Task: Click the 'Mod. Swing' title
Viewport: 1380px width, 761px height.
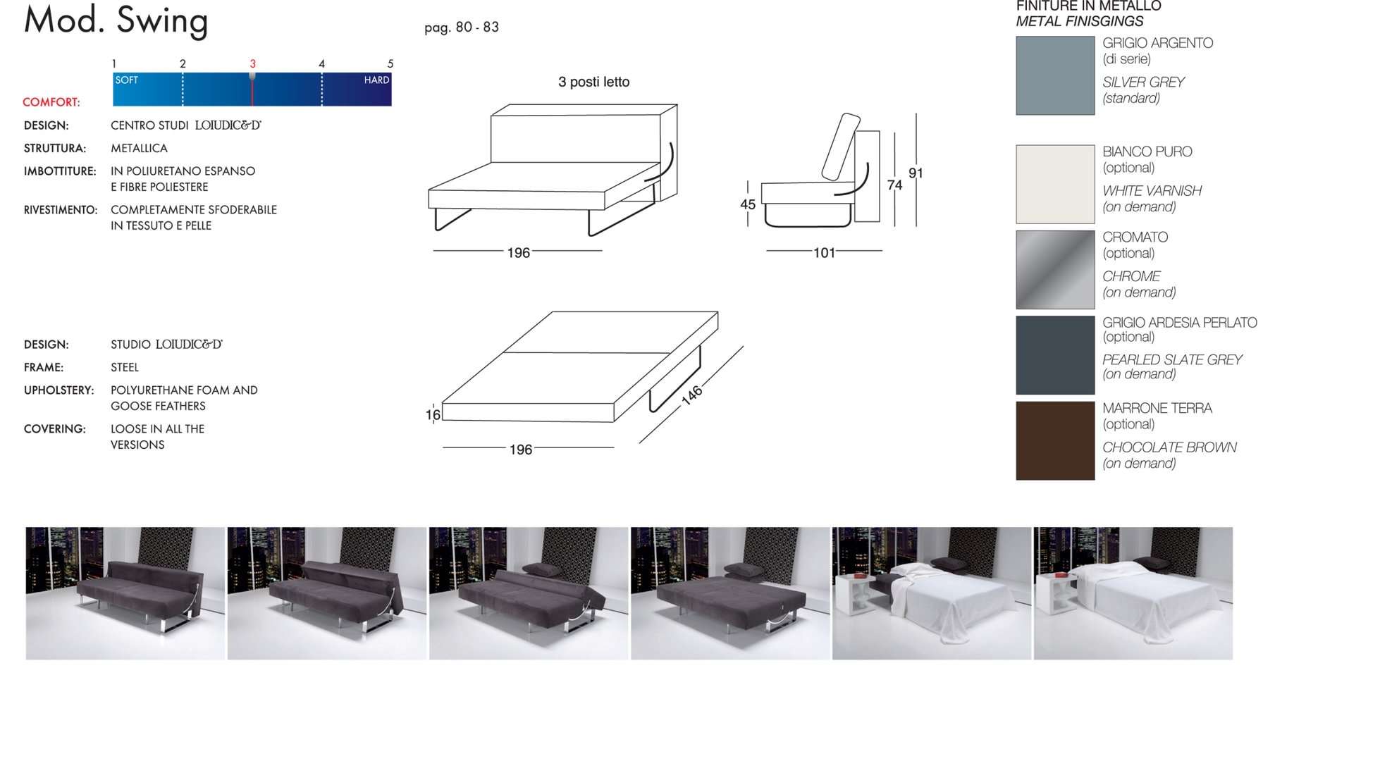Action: point(116,20)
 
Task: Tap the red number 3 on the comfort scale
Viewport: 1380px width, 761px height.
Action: point(252,63)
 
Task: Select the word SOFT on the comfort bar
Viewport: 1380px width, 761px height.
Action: point(127,80)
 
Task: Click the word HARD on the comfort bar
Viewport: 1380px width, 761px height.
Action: point(376,80)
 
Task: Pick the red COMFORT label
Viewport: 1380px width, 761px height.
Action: point(51,102)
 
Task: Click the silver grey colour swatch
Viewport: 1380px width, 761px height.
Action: point(1055,75)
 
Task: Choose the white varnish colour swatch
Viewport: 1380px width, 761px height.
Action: point(1055,184)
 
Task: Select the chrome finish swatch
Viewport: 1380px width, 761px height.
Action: point(1055,270)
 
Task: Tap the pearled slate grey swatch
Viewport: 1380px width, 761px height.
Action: point(1055,355)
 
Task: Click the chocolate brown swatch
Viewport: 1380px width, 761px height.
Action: point(1055,440)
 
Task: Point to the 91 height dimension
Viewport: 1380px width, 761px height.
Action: point(916,173)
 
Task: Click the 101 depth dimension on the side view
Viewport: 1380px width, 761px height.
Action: point(824,252)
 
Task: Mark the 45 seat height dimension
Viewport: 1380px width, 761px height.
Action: point(748,204)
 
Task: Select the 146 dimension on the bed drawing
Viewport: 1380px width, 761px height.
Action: point(692,395)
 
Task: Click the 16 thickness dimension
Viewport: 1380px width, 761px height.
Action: point(433,415)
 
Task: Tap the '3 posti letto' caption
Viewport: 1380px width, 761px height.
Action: point(593,82)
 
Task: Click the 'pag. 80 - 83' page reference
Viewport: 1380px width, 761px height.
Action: point(462,27)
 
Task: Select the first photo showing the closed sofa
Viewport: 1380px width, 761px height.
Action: point(125,593)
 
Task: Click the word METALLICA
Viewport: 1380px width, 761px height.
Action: point(139,149)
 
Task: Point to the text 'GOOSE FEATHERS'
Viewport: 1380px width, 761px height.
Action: point(158,406)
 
